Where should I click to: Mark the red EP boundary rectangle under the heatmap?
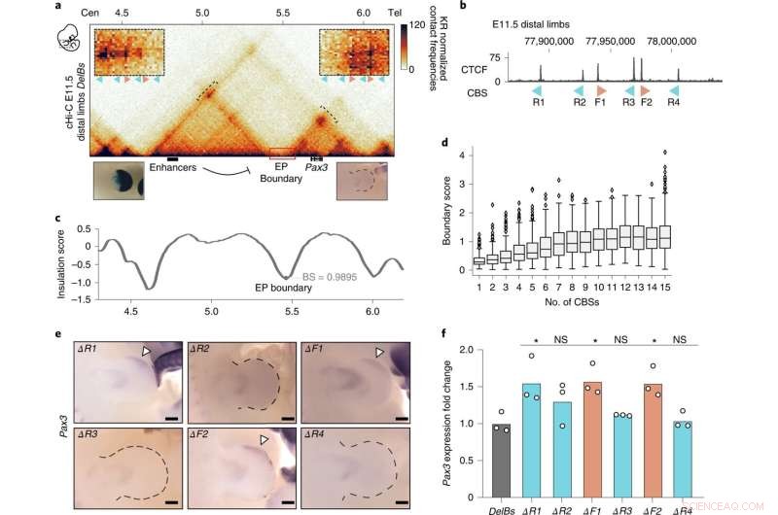coord(282,154)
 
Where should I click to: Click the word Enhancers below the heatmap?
coord(177,168)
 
